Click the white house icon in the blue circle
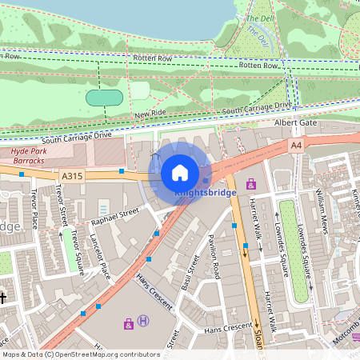tap(180, 172)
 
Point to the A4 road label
tap(297, 146)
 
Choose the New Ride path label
tap(150, 114)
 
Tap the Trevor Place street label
tap(33, 207)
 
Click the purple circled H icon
tap(143, 321)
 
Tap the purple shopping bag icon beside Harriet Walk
tap(251, 183)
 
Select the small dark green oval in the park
tap(104, 98)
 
